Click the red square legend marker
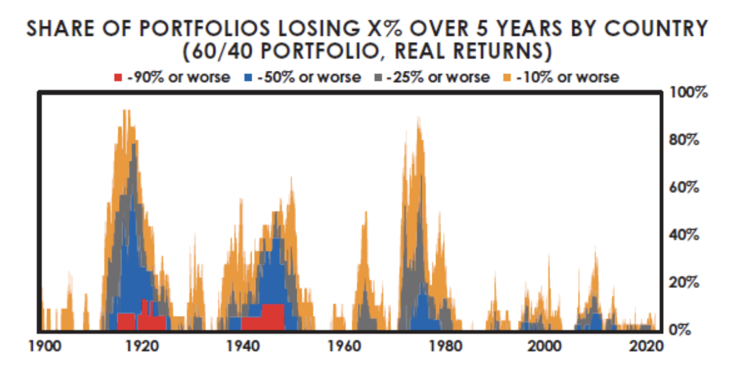coord(117,78)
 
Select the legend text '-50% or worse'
coord(320,77)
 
